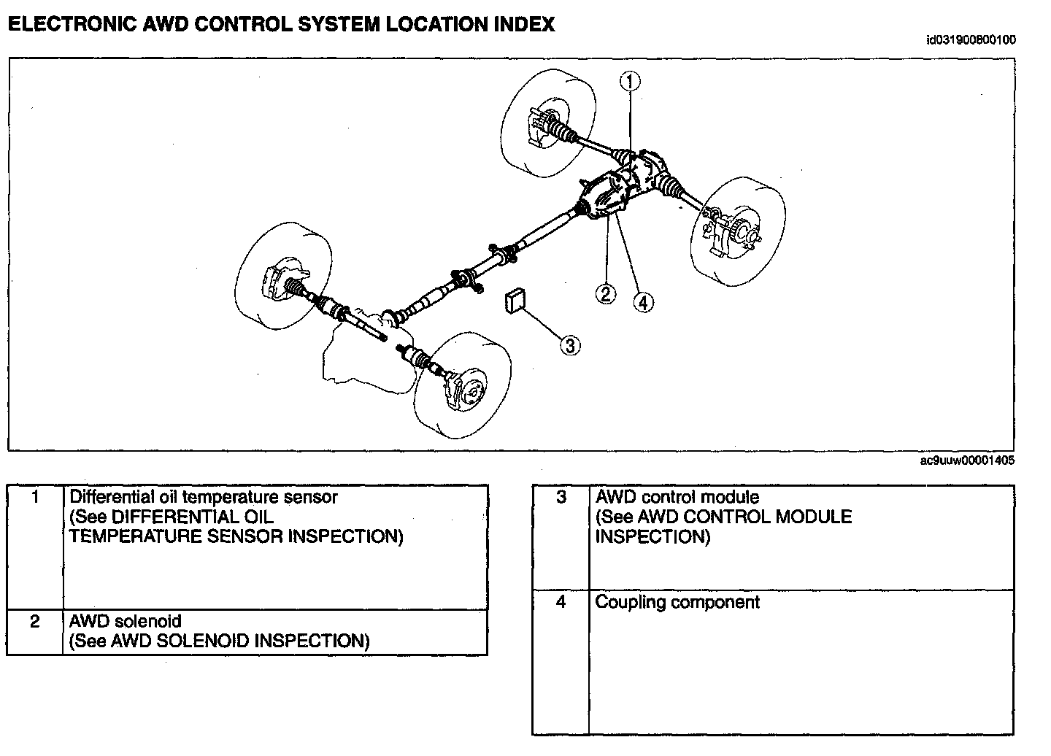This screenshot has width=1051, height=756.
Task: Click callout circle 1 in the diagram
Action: click(x=630, y=81)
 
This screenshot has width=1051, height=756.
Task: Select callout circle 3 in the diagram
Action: click(x=570, y=345)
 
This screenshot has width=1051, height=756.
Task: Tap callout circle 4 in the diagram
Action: click(x=643, y=301)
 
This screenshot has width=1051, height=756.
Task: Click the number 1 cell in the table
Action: click(x=35, y=498)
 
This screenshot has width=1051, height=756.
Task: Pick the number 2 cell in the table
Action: click(x=35, y=622)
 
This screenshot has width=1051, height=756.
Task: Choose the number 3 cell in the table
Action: click(x=561, y=498)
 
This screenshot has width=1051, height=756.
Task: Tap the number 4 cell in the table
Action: click(x=561, y=603)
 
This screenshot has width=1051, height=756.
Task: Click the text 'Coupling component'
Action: click(x=677, y=603)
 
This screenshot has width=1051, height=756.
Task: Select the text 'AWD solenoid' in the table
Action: click(x=125, y=622)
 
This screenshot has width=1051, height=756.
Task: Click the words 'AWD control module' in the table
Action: click(x=677, y=498)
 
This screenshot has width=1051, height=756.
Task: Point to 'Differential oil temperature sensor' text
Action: click(x=204, y=498)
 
